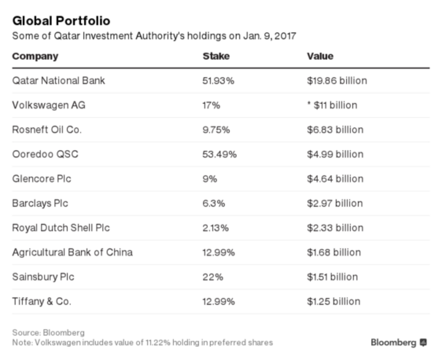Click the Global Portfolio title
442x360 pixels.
61,21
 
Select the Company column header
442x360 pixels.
35,56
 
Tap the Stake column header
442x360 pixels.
216,56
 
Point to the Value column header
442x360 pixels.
320,56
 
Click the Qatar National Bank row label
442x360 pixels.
58,81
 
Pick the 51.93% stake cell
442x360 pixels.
219,81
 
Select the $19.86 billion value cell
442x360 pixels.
336,81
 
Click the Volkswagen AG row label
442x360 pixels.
48,105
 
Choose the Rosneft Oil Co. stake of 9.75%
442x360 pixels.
216,130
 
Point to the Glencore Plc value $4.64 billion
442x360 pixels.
335,179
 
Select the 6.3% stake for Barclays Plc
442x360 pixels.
213,203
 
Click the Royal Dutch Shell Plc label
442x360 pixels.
60,228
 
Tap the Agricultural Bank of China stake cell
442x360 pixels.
219,252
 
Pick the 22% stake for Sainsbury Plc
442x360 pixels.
213,277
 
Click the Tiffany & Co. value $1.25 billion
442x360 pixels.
333,301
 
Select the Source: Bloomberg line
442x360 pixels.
48,333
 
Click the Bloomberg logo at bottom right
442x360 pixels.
398,343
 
